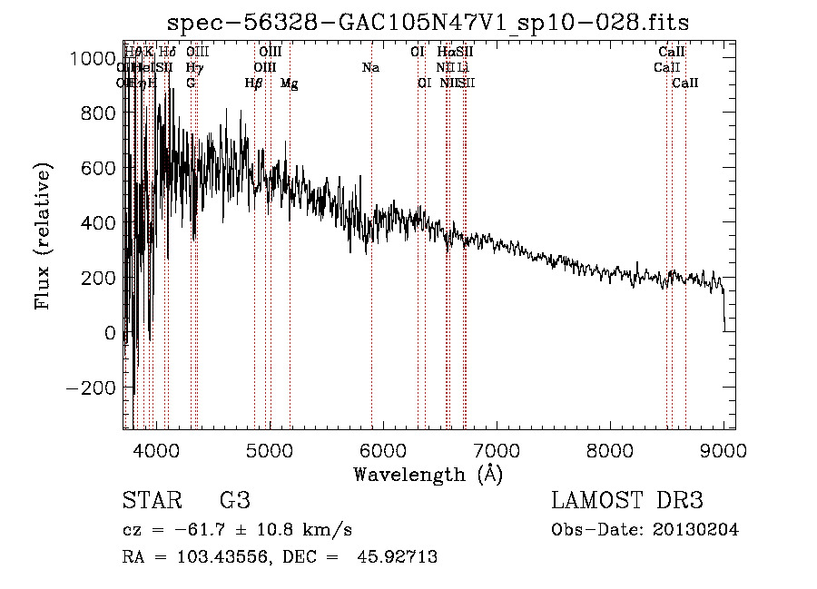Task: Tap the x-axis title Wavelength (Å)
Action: pos(428,474)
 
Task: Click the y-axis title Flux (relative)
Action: pos(44,235)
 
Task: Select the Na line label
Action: pos(370,68)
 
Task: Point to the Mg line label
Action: pos(290,83)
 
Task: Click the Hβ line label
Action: pos(254,83)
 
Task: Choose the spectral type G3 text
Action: pos(235,501)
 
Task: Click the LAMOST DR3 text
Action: pos(627,501)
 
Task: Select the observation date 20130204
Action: pos(695,530)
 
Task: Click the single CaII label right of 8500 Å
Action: pos(685,83)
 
